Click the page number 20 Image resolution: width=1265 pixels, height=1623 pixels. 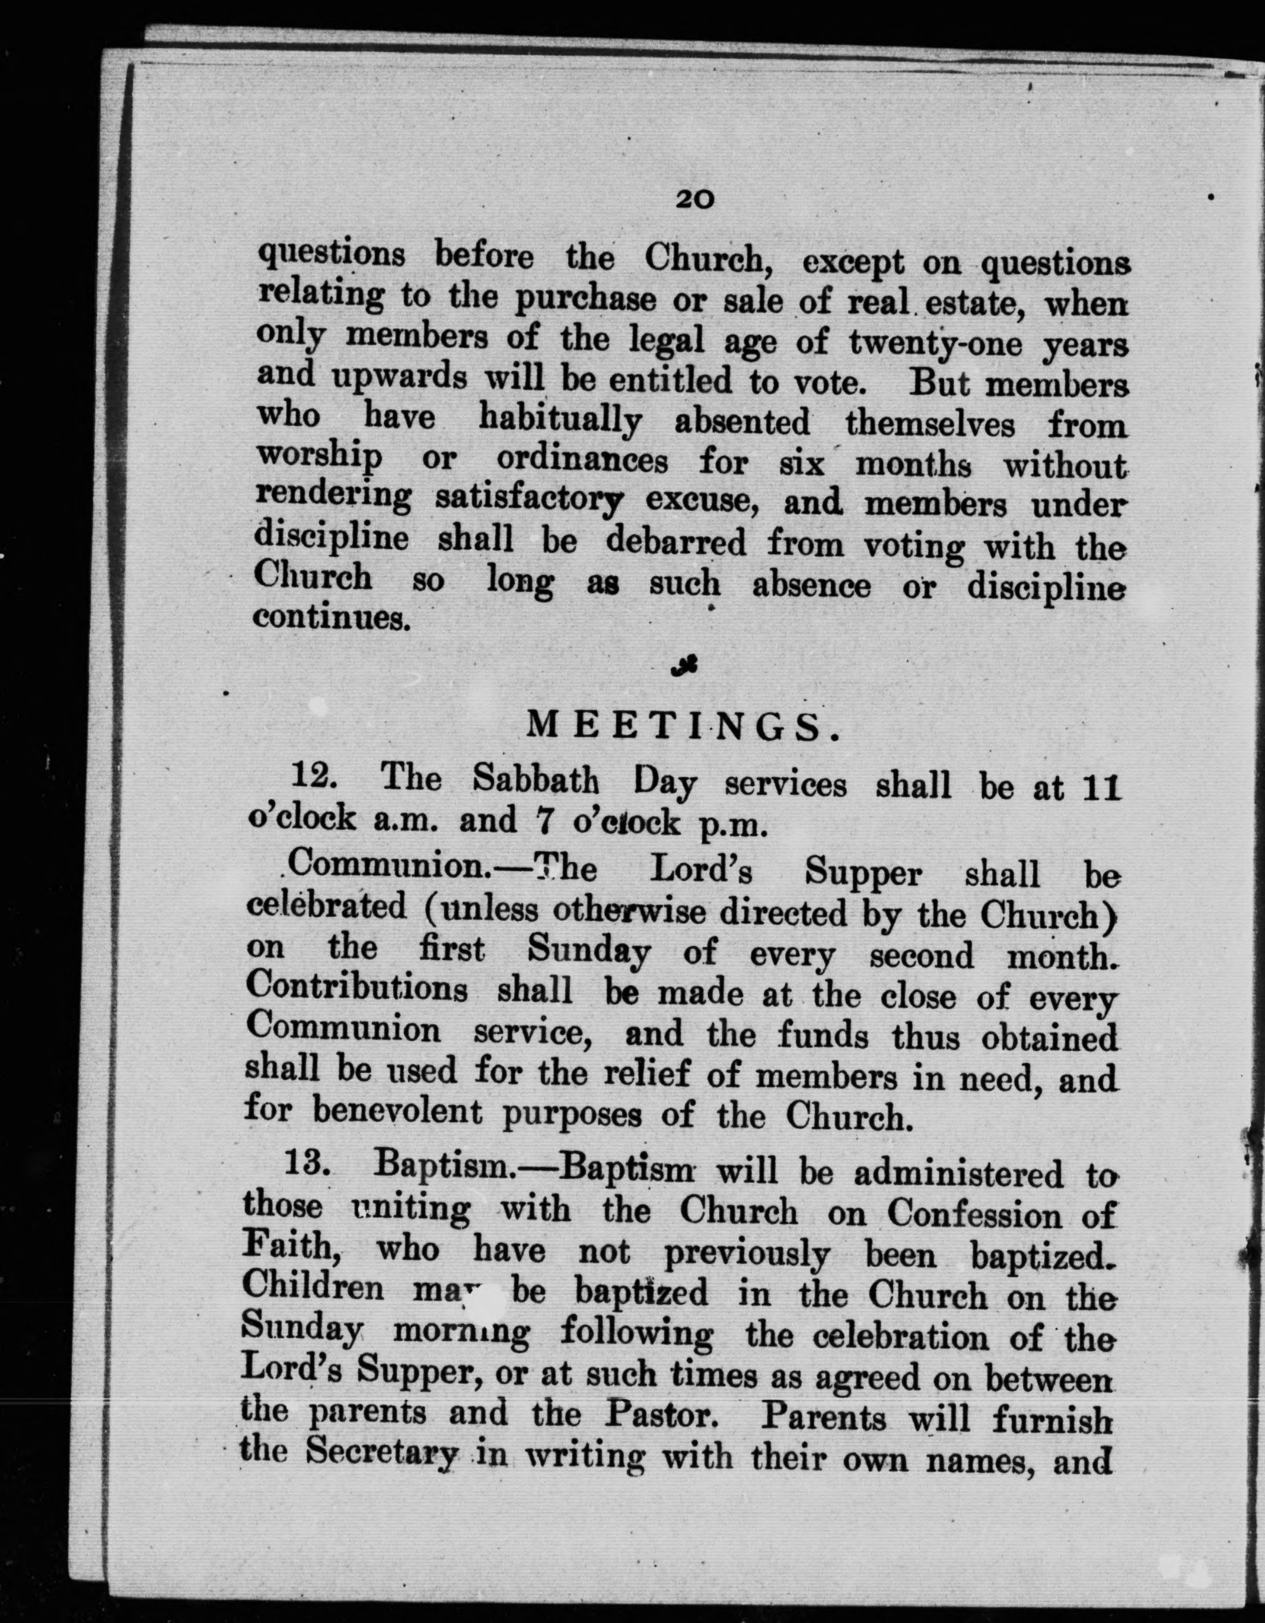pos(694,199)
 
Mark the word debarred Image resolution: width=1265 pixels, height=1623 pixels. pos(676,542)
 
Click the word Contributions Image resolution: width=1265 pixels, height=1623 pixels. pos(356,990)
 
